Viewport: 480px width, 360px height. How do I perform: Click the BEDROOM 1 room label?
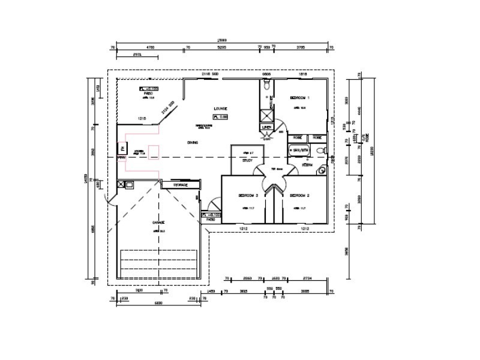[x=299, y=97]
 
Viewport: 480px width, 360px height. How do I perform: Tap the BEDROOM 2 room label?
[x=299, y=196]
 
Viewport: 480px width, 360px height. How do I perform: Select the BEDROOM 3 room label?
[x=248, y=196]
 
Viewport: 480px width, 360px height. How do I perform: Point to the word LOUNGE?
[x=220, y=109]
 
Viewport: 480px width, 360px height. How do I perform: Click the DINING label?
[x=193, y=142]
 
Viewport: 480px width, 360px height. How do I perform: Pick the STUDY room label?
[x=247, y=160]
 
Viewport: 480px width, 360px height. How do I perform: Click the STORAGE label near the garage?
[x=181, y=185]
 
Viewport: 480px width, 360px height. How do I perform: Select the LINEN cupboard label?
[x=267, y=128]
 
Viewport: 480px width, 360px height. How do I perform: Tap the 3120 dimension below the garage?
[x=139, y=291]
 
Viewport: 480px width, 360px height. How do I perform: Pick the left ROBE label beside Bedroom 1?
[x=297, y=137]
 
